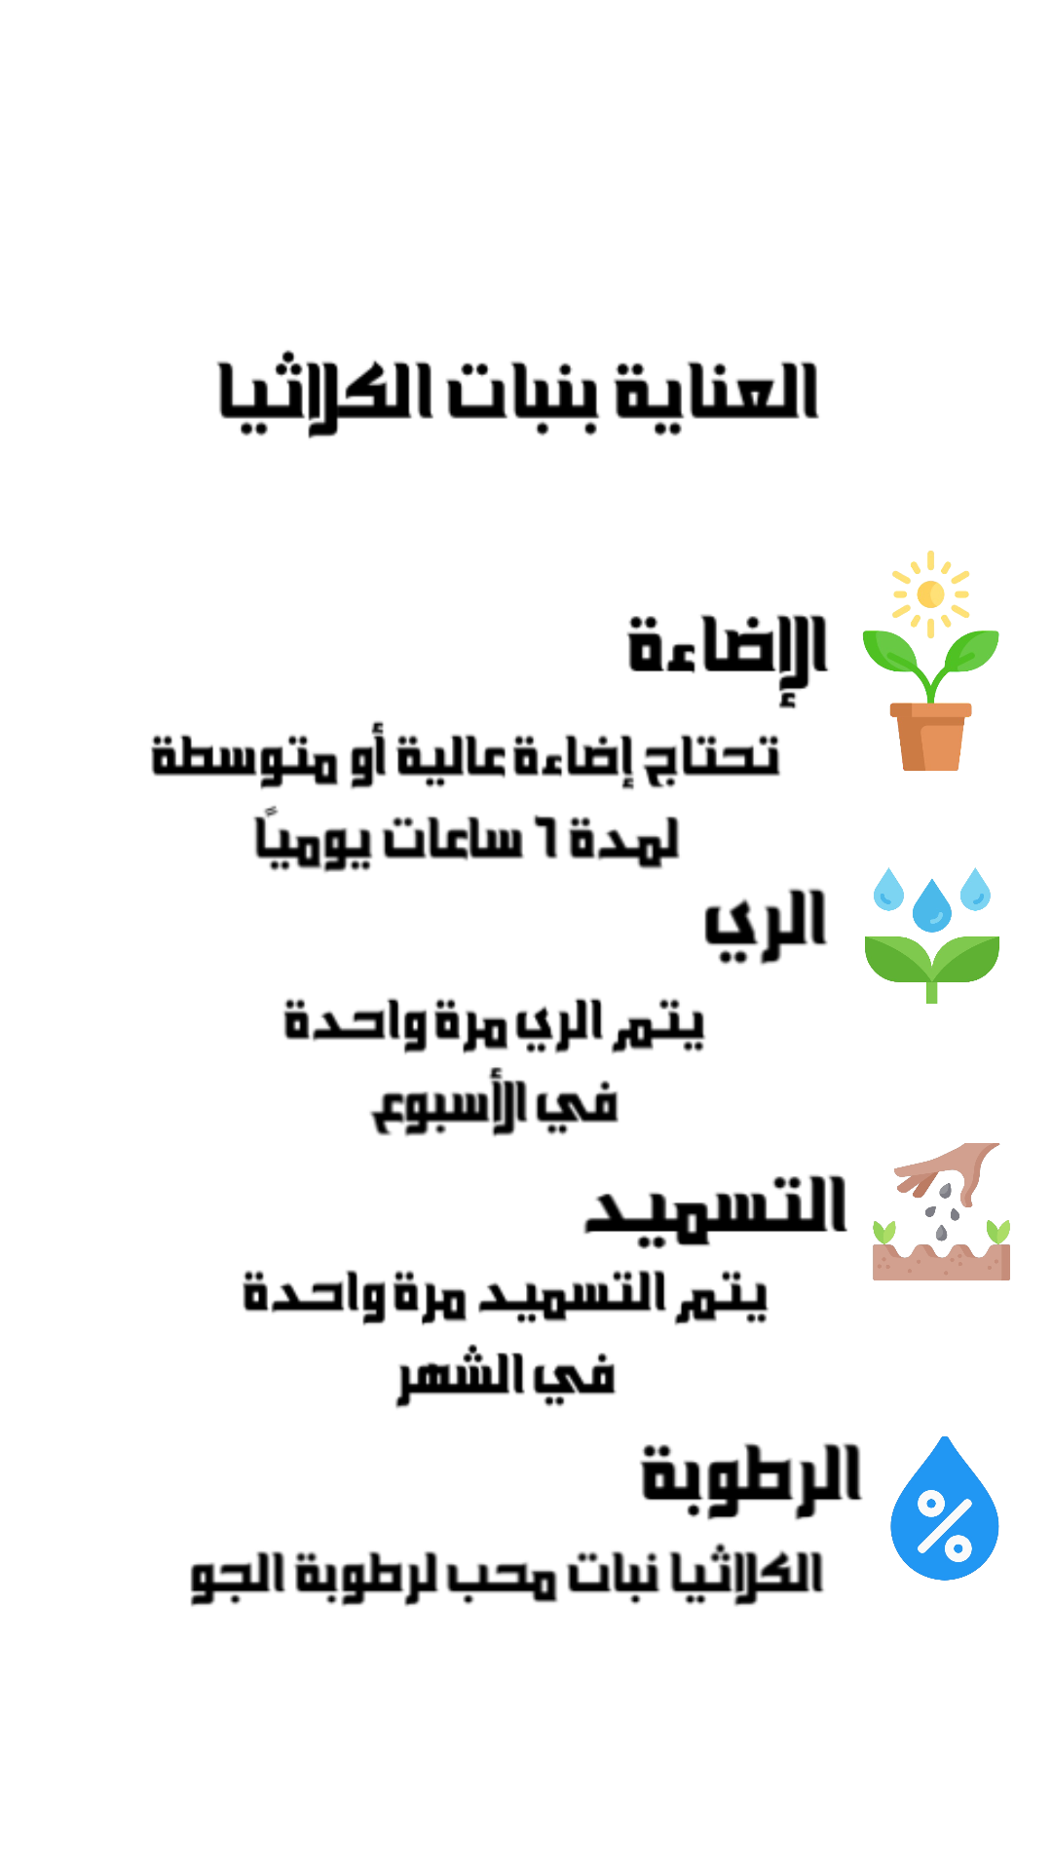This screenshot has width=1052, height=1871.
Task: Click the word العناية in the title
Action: [718, 393]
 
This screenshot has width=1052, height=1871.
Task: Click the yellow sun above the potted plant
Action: [930, 593]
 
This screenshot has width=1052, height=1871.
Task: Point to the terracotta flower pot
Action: [930, 737]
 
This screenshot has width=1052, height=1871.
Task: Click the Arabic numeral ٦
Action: [551, 838]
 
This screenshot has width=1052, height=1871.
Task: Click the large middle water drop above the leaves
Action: [932, 905]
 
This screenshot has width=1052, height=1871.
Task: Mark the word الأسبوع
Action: [447, 1107]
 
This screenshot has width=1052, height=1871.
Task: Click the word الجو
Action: [235, 1577]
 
